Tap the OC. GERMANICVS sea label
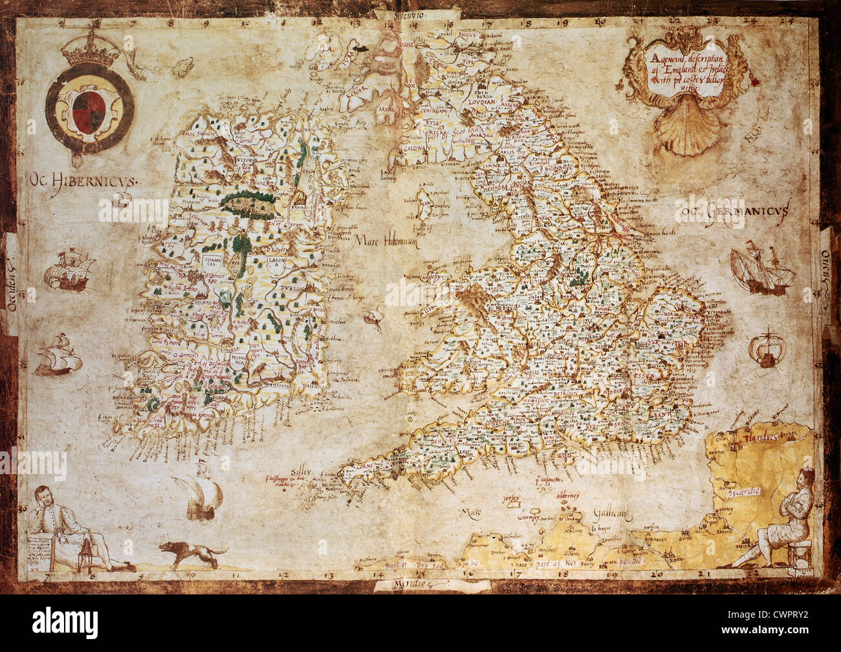pos(731,211)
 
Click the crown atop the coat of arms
pos(91,53)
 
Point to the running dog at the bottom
pos(192,554)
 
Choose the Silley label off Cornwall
pos(300,473)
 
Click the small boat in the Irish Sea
pos(373,317)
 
